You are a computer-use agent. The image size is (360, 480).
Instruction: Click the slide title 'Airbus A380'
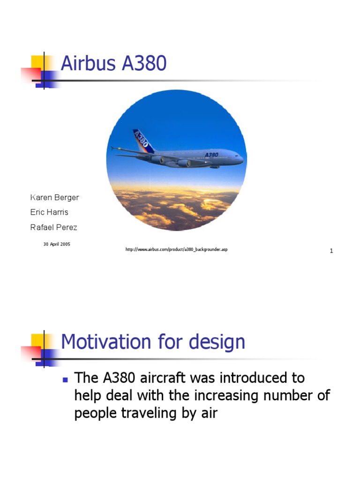click(114, 64)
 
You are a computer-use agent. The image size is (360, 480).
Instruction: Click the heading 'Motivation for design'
click(153, 342)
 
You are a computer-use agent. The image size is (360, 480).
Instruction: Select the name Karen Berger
click(54, 197)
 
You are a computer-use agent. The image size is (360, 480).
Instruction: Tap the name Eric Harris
click(49, 212)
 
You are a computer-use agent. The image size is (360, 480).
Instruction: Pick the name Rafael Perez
click(53, 227)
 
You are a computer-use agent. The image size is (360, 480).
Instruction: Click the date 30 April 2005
click(57, 244)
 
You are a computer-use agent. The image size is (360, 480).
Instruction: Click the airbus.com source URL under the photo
click(176, 249)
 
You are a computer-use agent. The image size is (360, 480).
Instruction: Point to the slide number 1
click(331, 251)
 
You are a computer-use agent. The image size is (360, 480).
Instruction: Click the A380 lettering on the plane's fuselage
click(211, 154)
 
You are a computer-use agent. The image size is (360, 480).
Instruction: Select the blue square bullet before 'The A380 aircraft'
click(65, 378)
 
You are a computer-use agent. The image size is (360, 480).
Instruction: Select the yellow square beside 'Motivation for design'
click(37, 340)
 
